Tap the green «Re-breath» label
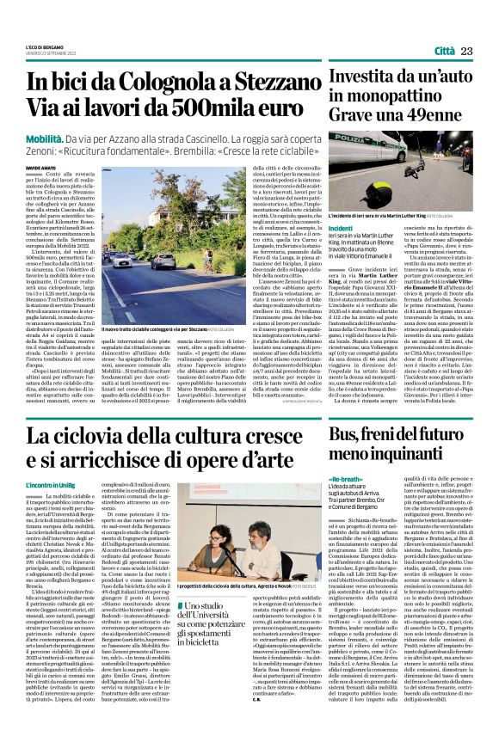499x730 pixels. click(346, 478)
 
